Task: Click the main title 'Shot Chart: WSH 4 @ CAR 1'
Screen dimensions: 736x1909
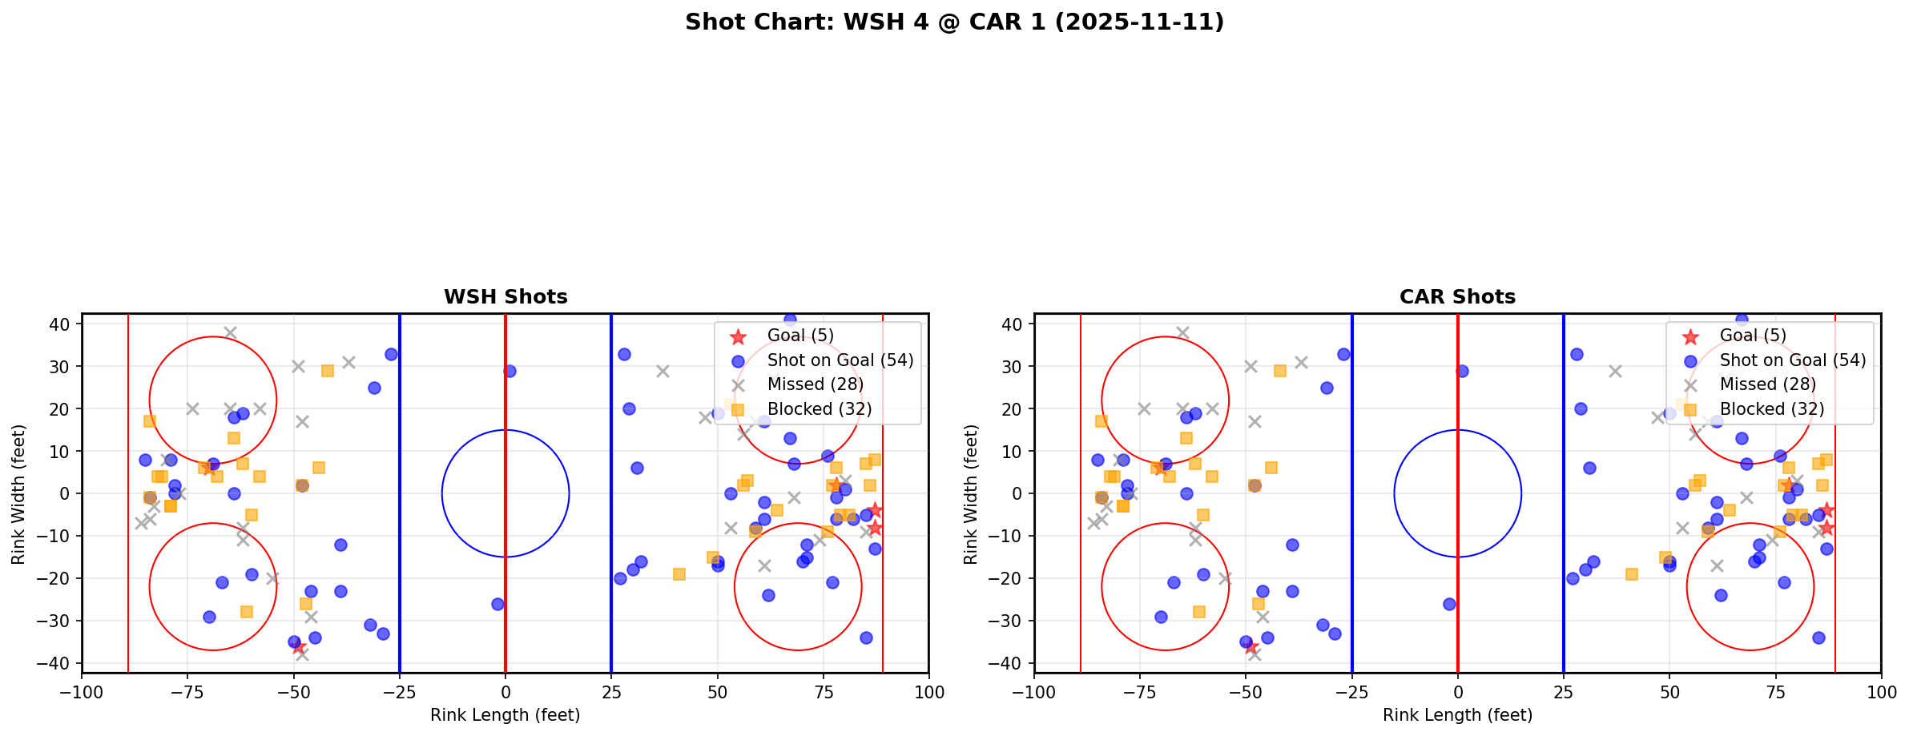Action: (954, 22)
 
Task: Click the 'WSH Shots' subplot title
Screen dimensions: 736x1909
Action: (505, 297)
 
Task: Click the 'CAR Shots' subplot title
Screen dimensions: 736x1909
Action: (1457, 297)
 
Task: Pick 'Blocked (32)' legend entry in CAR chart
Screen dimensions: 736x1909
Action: (1772, 409)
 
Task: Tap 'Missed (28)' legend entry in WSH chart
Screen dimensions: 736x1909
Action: (815, 384)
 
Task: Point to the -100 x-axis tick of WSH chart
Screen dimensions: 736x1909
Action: (82, 692)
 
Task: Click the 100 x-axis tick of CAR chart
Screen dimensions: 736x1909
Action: (1880, 692)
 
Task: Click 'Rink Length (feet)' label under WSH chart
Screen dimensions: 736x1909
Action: (505, 715)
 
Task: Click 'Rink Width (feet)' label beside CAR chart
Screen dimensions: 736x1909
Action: (971, 494)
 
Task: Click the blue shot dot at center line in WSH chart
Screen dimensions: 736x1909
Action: (509, 371)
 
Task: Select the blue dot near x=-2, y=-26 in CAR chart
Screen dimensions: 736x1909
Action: (1449, 604)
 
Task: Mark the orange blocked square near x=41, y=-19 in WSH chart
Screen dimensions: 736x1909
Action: (679, 574)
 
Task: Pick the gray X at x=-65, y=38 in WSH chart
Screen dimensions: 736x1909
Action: (230, 332)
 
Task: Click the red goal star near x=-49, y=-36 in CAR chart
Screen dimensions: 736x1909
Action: (1251, 646)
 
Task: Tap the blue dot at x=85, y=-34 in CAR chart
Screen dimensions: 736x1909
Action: (1818, 637)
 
